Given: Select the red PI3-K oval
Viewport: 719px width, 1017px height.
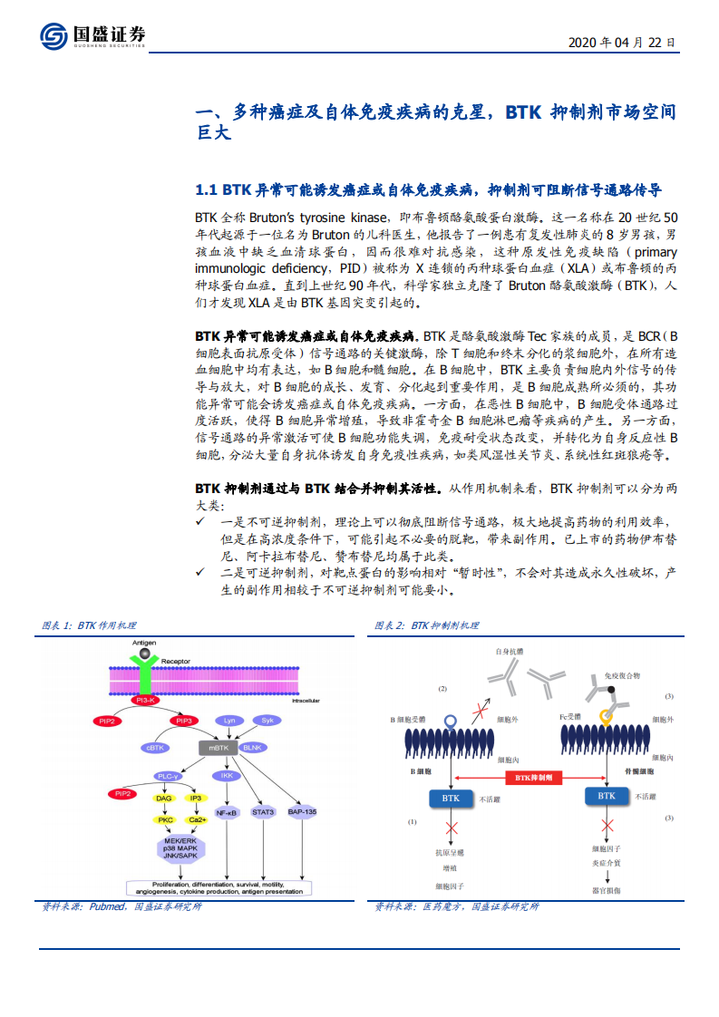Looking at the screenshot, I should [144, 701].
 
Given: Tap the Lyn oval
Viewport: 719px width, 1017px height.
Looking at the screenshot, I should [229, 720].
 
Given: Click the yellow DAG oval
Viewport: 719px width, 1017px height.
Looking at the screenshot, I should [163, 799].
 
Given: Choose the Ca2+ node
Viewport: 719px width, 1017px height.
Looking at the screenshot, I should [197, 819].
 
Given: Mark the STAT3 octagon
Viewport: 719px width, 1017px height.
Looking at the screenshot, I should [263, 812].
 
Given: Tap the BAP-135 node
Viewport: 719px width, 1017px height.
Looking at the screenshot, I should [302, 812].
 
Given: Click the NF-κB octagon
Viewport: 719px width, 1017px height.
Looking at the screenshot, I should [227, 813].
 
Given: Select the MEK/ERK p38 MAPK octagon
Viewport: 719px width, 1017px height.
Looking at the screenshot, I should [180, 848].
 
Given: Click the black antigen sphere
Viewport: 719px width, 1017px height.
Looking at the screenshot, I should [145, 653].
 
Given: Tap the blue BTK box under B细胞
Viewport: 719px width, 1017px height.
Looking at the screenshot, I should [451, 799].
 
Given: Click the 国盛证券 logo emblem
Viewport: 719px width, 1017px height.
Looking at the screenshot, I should [53, 36].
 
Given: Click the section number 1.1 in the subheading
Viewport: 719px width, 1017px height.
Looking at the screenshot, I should [207, 190].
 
